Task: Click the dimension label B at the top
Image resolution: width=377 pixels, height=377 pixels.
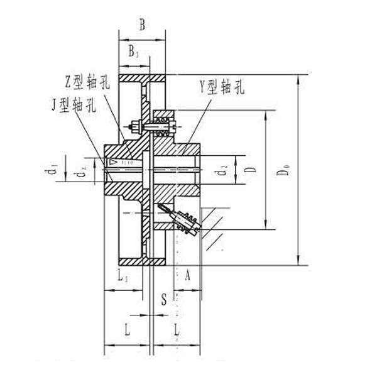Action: (x=142, y=25)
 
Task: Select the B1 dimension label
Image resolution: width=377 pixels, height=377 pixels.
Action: (x=134, y=52)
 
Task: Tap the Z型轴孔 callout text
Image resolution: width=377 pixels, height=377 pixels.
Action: (x=89, y=82)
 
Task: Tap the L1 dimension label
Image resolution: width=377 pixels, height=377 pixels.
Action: (x=123, y=276)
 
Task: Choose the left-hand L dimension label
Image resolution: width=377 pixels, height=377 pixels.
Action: (x=126, y=328)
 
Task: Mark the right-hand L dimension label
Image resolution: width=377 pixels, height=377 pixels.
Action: (x=177, y=328)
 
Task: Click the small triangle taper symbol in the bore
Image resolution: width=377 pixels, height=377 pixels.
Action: (x=114, y=162)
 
